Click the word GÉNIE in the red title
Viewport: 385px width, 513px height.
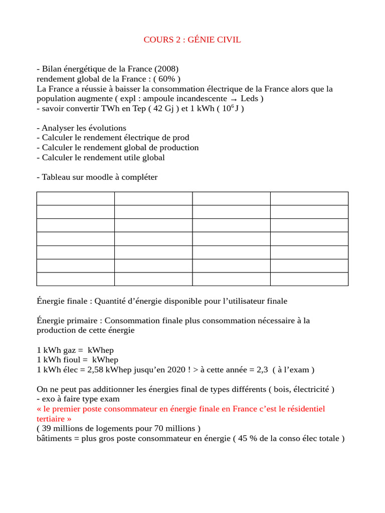pyautogui.click(x=202, y=40)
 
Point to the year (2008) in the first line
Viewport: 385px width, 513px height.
pyautogui.click(x=166, y=69)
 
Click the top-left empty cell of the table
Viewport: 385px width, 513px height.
pyautogui.click(x=75, y=198)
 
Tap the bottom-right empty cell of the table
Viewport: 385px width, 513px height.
pyautogui.click(x=309, y=279)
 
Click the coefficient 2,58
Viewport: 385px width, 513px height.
pyautogui.click(x=99, y=370)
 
